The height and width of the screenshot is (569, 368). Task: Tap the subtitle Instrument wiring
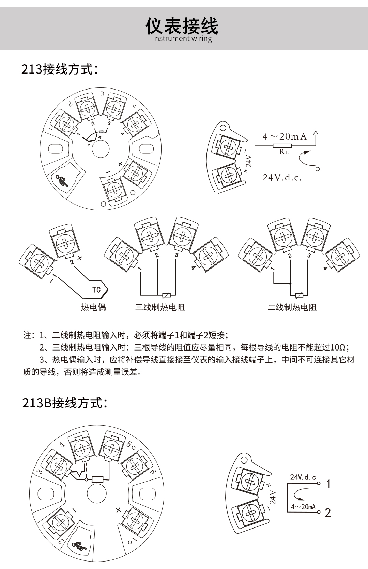(x=182, y=38)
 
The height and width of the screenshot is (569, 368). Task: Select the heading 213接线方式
(x=60, y=69)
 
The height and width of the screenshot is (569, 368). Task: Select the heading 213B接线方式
(x=65, y=403)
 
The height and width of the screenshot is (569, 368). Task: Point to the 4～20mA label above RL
(x=285, y=137)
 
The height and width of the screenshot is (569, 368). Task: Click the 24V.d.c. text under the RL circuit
(x=282, y=177)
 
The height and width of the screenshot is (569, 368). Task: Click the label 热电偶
(x=93, y=307)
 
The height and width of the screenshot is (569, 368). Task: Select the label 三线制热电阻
(x=160, y=307)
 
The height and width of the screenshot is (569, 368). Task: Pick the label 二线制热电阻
(x=292, y=307)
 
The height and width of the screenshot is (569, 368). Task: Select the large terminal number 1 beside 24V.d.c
(x=328, y=484)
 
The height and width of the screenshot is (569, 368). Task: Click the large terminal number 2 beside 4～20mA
(x=328, y=513)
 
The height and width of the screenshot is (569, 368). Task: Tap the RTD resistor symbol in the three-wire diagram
(x=166, y=295)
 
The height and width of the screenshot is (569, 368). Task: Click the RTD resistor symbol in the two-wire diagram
(x=299, y=295)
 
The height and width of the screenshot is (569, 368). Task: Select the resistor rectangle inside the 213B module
(x=98, y=479)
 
